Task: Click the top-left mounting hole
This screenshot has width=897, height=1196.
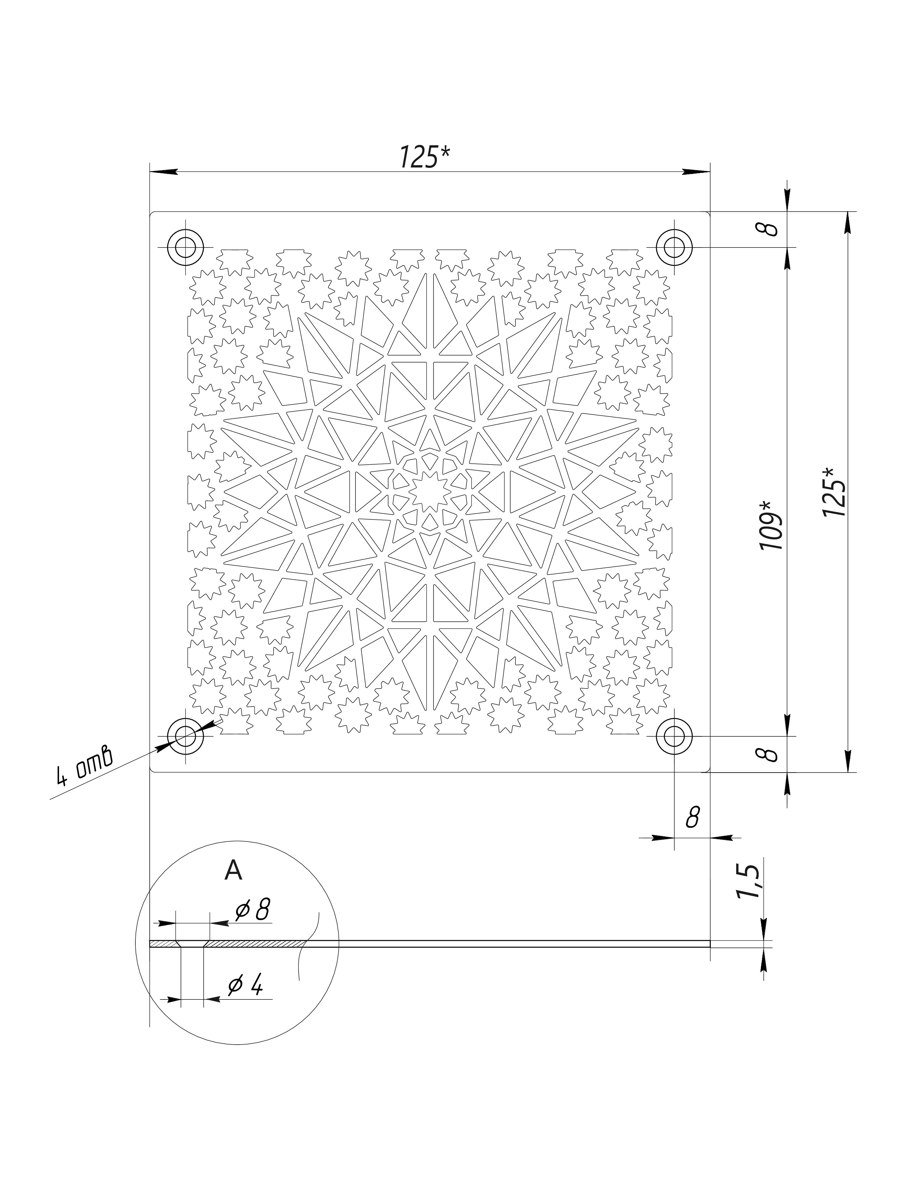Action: pos(185,248)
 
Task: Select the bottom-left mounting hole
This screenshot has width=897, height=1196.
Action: pos(185,736)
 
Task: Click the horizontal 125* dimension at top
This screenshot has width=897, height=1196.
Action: pos(425,157)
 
